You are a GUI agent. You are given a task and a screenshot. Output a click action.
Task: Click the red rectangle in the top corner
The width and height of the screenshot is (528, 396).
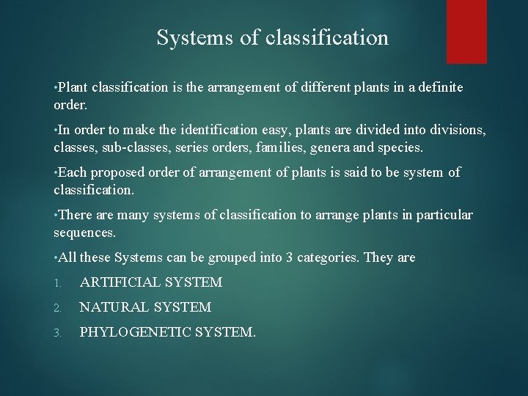click(467, 31)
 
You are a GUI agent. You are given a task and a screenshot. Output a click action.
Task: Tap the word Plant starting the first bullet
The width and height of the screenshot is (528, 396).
click(75, 87)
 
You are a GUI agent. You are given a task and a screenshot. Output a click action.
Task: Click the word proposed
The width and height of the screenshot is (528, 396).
click(113, 172)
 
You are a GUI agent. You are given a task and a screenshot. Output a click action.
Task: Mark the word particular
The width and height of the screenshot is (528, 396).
click(444, 215)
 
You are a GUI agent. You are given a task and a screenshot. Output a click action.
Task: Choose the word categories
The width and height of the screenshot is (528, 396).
click(319, 257)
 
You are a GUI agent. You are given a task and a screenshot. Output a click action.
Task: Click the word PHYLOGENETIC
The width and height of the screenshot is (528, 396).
click(139, 332)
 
